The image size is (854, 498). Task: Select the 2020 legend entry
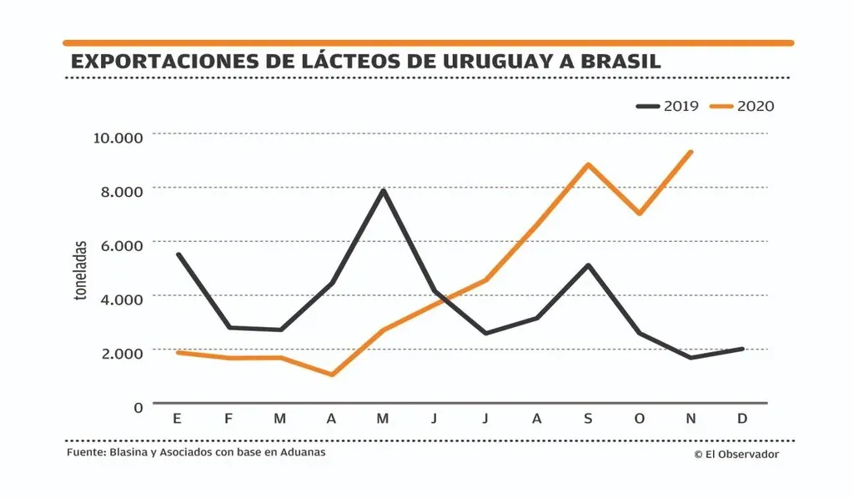click(x=741, y=106)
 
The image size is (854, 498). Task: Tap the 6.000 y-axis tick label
click(x=118, y=244)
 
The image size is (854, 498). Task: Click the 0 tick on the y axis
click(x=138, y=406)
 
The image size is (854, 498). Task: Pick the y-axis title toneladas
click(x=81, y=271)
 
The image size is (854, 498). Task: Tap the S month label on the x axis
click(x=588, y=419)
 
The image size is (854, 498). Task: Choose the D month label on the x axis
click(x=742, y=419)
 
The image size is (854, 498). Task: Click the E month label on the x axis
click(x=177, y=419)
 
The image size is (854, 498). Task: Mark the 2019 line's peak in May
click(x=383, y=190)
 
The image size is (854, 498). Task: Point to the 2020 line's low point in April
click(x=332, y=375)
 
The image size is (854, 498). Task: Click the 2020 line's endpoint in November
click(x=691, y=152)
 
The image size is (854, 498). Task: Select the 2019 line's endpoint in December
click(x=742, y=349)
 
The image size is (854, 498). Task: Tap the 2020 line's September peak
click(x=588, y=164)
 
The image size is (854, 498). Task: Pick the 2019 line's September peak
click(x=588, y=265)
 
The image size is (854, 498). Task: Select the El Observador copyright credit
click(x=736, y=454)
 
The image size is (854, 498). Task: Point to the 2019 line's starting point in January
click(x=178, y=254)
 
